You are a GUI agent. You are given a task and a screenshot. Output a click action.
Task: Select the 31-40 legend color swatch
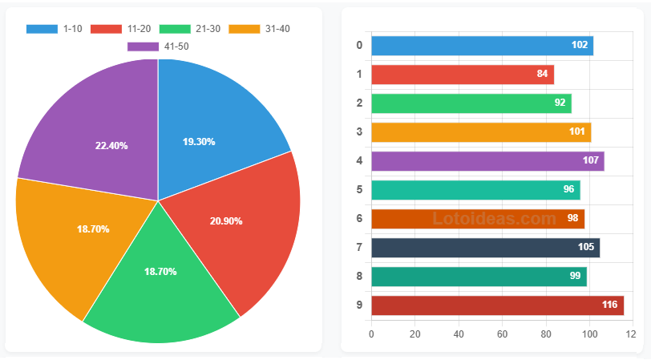pos(245,29)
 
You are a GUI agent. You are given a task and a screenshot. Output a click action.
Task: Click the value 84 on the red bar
pos(543,75)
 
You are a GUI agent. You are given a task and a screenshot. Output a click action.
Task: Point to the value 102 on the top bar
pos(580,46)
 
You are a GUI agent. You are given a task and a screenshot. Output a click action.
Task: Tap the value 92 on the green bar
pos(560,103)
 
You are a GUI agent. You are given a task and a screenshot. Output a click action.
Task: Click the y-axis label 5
pos(359,190)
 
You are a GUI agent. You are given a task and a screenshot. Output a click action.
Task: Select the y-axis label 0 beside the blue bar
pos(359,46)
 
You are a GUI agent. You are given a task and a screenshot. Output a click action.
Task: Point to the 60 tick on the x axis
pos(503,334)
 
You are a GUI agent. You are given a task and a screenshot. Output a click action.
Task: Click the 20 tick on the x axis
pos(415,334)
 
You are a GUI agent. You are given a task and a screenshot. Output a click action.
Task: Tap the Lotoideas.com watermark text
pos(494,218)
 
